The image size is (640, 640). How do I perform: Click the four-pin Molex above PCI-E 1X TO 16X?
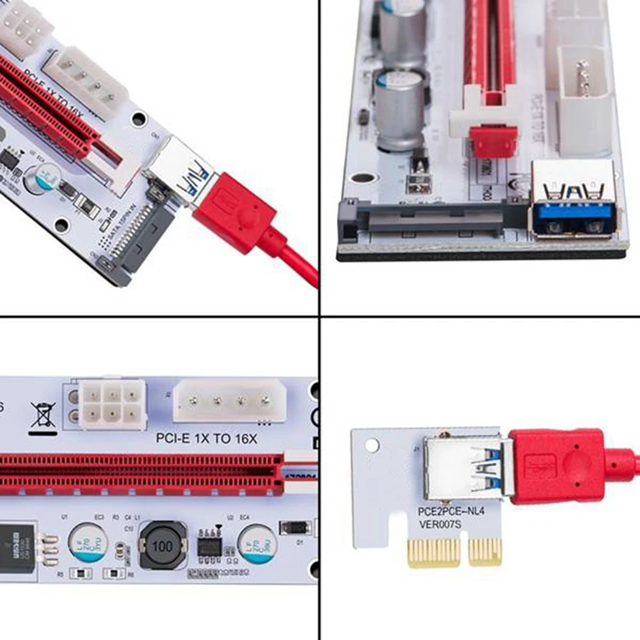[227, 398]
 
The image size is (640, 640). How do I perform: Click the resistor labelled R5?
[81, 573]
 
